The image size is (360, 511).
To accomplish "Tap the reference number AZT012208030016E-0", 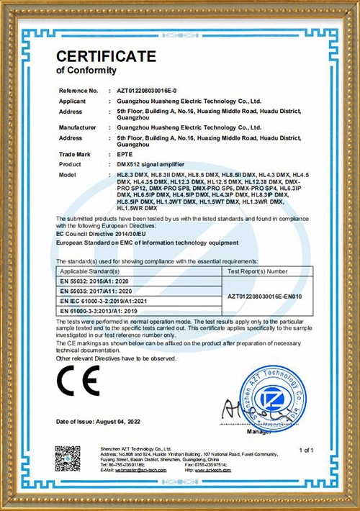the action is (x=148, y=91).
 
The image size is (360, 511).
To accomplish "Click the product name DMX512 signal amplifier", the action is (x=149, y=165).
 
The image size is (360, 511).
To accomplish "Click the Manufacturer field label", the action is (x=76, y=126).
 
